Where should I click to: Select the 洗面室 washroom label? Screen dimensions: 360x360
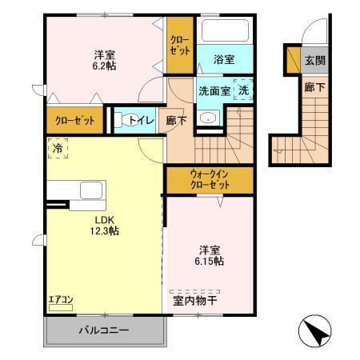214,90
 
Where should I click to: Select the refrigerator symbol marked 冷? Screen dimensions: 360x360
58,147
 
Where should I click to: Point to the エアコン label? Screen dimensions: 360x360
60,300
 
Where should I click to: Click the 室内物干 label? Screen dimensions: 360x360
194,300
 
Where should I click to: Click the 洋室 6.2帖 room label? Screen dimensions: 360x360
103,60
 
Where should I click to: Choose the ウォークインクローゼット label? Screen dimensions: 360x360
210,178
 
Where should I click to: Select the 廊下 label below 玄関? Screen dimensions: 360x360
314,87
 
